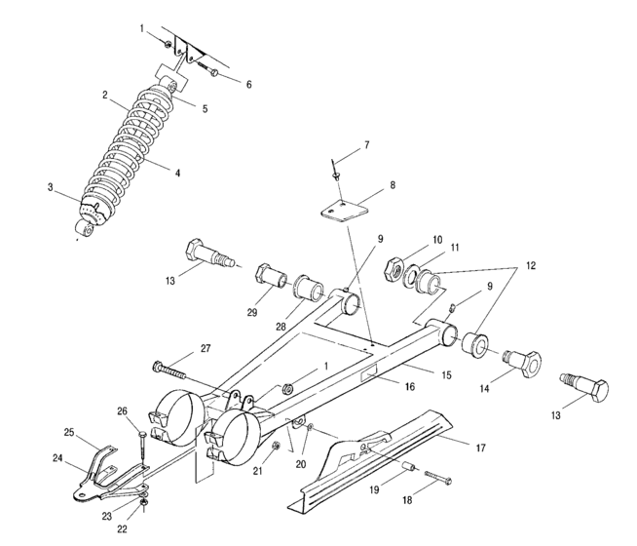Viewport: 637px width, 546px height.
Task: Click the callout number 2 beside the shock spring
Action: click(x=104, y=95)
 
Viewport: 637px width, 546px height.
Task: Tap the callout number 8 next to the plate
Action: click(x=365, y=184)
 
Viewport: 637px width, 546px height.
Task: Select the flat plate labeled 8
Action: click(x=339, y=211)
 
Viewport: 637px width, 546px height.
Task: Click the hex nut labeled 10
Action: click(x=396, y=264)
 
